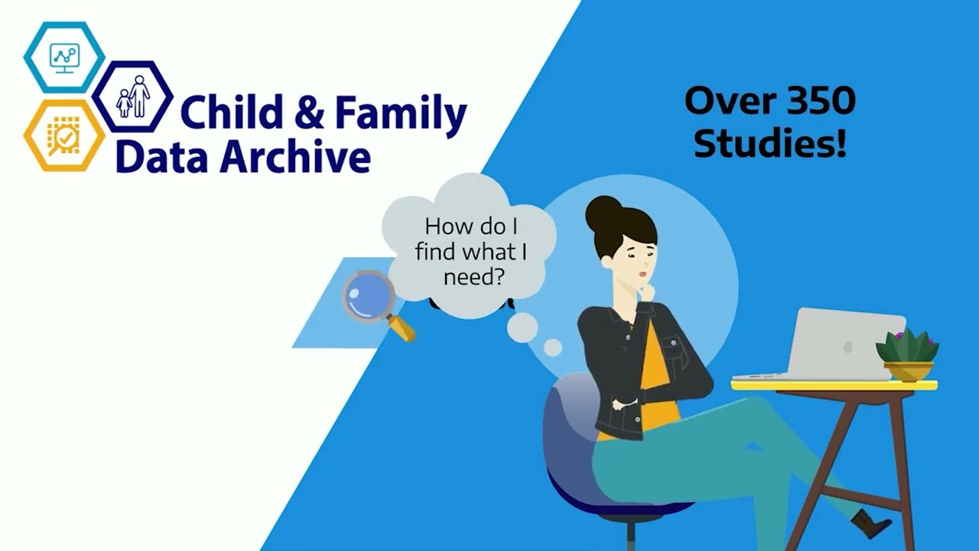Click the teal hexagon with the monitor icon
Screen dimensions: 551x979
(x=64, y=57)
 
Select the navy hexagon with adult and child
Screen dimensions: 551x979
(x=132, y=97)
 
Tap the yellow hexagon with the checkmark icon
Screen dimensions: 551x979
(x=64, y=135)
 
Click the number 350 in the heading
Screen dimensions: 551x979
(x=815, y=101)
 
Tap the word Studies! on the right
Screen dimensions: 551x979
(x=769, y=143)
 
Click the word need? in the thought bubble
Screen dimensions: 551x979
(x=473, y=276)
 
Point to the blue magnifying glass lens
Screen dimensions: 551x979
(x=367, y=296)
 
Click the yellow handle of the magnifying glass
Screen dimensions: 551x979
(x=402, y=328)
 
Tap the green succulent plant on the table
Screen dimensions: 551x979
(x=907, y=346)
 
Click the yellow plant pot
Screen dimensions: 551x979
(x=908, y=371)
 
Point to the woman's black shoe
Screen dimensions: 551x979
(x=870, y=523)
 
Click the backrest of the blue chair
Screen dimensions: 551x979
(x=566, y=429)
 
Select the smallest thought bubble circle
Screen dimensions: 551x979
(x=552, y=347)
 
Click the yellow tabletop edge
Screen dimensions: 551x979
(x=834, y=385)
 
